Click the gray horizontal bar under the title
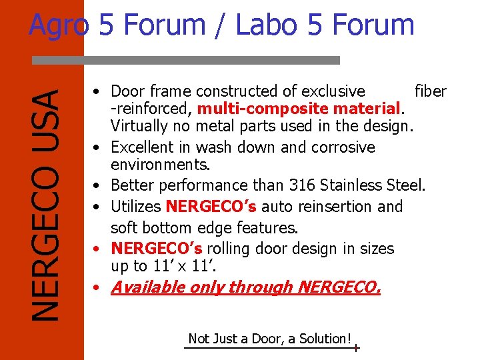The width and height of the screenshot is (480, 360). click(x=186, y=60)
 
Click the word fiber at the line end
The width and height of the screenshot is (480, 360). click(x=430, y=91)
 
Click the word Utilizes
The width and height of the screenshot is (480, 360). click(x=136, y=207)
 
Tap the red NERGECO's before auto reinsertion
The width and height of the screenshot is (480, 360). click(x=211, y=207)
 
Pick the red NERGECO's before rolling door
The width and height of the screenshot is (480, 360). click(x=156, y=249)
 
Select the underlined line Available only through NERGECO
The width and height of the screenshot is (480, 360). click(x=245, y=287)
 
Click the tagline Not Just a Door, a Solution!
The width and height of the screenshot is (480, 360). click(x=269, y=339)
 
